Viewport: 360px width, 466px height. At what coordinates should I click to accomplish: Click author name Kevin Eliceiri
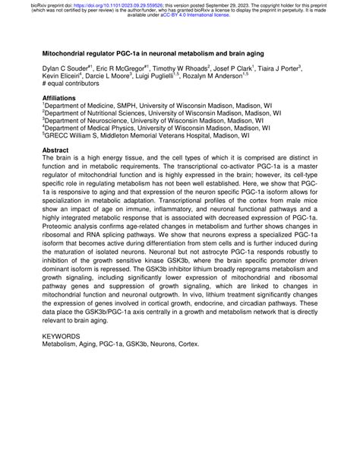pos(62,76)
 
